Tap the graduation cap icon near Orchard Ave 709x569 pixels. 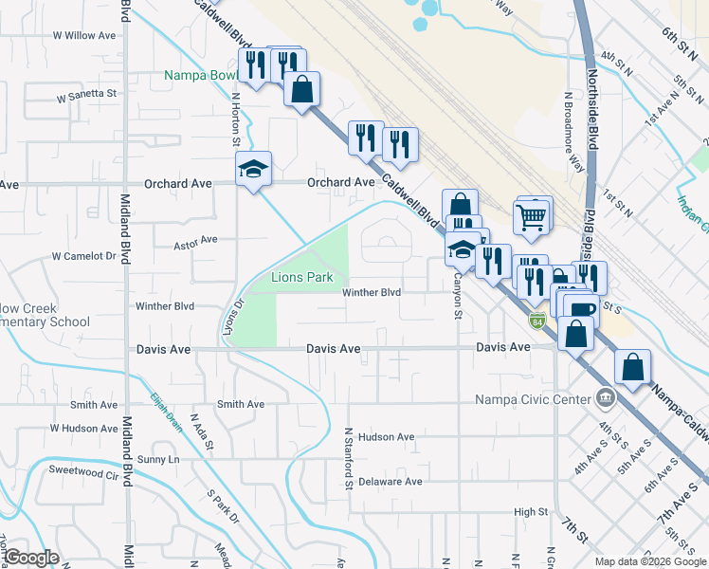[253, 169]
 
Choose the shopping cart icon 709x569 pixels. [531, 217]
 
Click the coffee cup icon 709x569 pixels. [580, 309]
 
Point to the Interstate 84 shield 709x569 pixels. [537, 321]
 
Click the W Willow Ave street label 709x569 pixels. [84, 35]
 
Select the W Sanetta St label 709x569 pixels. [86, 95]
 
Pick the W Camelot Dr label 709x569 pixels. [83, 256]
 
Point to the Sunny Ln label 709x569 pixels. [158, 459]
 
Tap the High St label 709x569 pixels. [531, 512]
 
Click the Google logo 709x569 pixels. [31, 557]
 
